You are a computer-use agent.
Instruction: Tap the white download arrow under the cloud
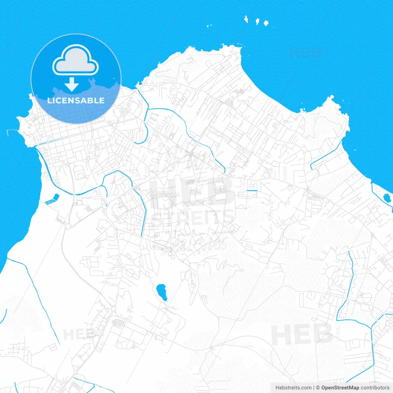72,84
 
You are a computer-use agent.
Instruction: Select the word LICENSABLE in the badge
76,100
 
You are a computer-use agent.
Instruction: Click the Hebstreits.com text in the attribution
293,388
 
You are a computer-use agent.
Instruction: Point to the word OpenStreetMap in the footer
340,388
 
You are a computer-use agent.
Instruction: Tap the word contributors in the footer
375,388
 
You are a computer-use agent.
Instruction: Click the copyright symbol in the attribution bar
318,388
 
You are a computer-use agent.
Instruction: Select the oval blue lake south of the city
161,292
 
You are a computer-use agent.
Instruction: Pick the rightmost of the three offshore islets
266,23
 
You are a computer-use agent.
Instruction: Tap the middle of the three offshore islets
257,21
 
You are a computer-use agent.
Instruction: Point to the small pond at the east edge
387,198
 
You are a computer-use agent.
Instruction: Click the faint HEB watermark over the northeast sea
305,53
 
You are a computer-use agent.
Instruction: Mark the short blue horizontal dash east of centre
252,191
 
